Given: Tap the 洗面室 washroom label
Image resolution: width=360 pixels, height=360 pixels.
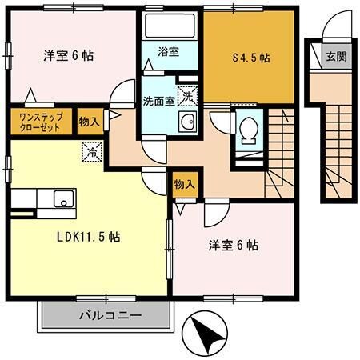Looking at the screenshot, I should coord(158,102).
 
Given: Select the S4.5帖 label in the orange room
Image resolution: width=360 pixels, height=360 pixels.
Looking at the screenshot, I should coord(250,58).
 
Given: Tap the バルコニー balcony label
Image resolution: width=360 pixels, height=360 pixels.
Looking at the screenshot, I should coord(110,315).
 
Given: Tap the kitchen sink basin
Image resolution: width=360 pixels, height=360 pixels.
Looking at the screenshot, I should coord(62,198).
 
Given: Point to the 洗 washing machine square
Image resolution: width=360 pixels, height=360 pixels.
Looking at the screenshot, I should coord(186,95).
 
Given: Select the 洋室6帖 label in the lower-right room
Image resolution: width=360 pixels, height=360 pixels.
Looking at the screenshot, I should coord(232,245).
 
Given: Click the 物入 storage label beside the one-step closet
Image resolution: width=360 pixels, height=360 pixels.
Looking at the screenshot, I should coord(88,122).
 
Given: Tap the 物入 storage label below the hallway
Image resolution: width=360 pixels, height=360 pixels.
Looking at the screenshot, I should coord(184,184).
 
